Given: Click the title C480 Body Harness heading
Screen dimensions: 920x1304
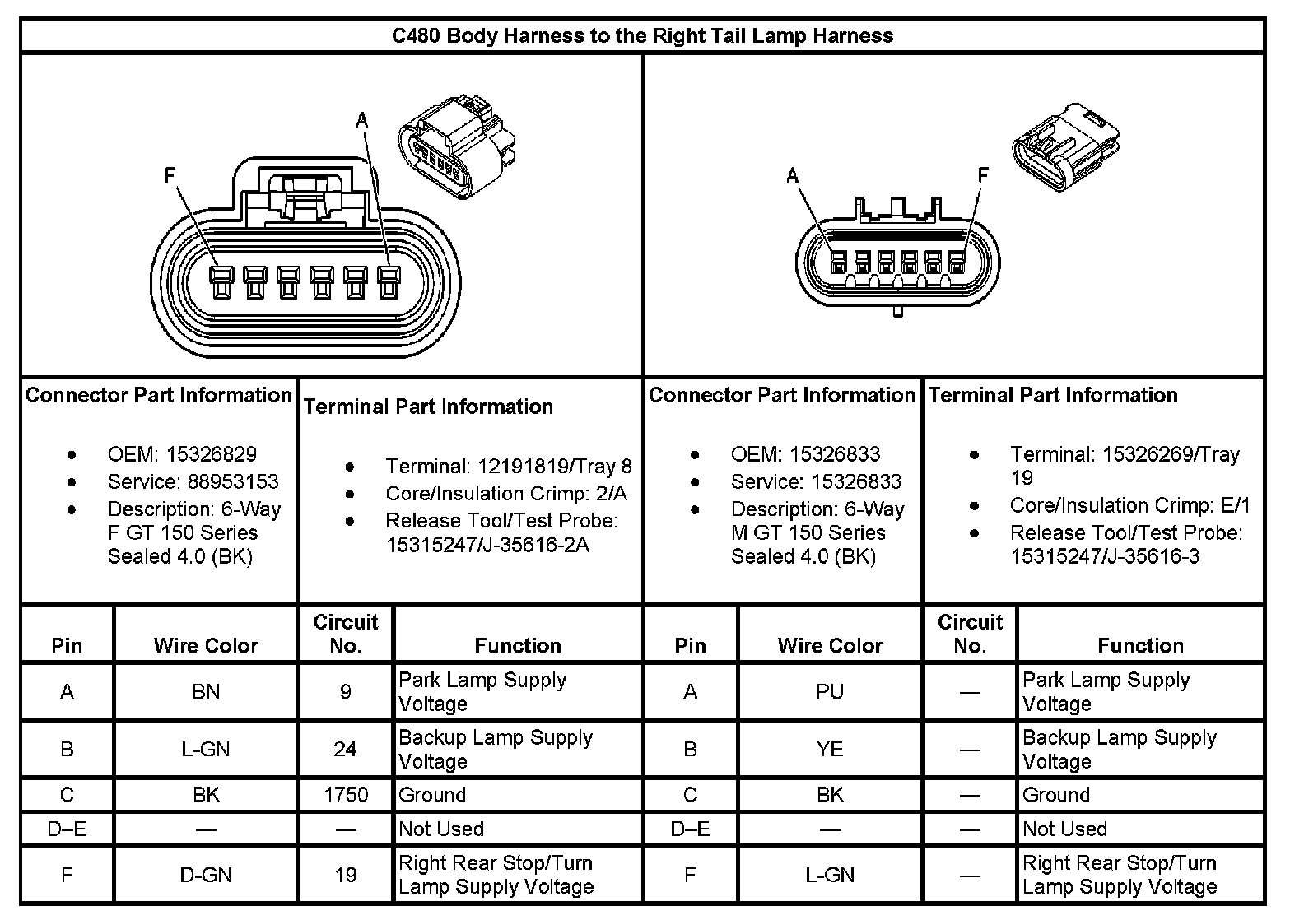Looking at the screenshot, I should pyautogui.click(x=642, y=36).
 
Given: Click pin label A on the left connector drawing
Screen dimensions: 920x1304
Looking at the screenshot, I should pyautogui.click(x=361, y=121).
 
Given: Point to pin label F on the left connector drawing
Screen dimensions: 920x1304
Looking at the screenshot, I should pyautogui.click(x=170, y=175).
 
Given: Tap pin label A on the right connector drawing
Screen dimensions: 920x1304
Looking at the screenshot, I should pyautogui.click(x=792, y=175).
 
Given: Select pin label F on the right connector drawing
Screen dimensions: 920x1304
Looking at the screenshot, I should pyautogui.click(x=982, y=175).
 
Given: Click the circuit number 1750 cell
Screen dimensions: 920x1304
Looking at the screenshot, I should pyautogui.click(x=346, y=795).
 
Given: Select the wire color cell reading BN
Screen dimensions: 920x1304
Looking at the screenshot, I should pyautogui.click(x=206, y=691).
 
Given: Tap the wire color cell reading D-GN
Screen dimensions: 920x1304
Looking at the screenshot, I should pyautogui.click(x=206, y=875).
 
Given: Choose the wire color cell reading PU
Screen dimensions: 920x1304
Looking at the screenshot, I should pyautogui.click(x=830, y=691).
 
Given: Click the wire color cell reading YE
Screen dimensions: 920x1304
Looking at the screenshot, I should pyautogui.click(x=830, y=749).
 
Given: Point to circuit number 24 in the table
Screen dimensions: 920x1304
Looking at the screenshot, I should pyautogui.click(x=346, y=749).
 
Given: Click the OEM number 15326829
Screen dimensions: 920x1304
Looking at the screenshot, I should pyautogui.click(x=212, y=454).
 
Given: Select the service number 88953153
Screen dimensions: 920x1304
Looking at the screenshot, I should pyautogui.click(x=222, y=481).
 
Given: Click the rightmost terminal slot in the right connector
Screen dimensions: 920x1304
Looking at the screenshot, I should pyautogui.click(x=956, y=263).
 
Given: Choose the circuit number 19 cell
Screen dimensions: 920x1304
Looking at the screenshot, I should pyautogui.click(x=346, y=875).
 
